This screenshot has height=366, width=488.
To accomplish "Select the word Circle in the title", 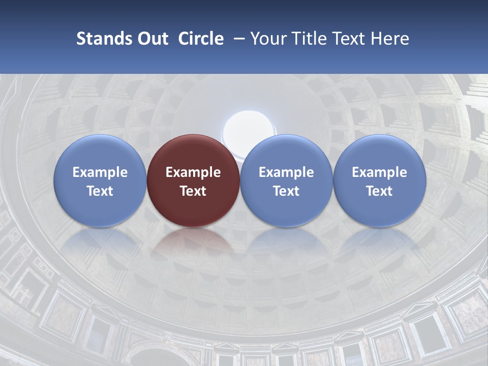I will [201, 39].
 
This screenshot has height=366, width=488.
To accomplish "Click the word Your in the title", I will [267, 39].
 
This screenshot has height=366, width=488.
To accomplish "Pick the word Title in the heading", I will [306, 39].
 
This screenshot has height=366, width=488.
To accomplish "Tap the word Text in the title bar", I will [348, 39].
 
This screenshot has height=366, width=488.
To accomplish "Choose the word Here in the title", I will [390, 39].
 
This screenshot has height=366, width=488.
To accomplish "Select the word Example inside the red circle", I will [193, 172].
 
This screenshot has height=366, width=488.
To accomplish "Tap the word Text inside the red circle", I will [193, 191].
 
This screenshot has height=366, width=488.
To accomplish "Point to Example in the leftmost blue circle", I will [100, 172].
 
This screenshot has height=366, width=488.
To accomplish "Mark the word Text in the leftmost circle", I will [100, 191].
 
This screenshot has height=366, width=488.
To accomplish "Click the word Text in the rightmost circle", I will [379, 191].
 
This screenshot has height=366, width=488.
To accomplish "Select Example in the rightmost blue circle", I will [379, 172].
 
